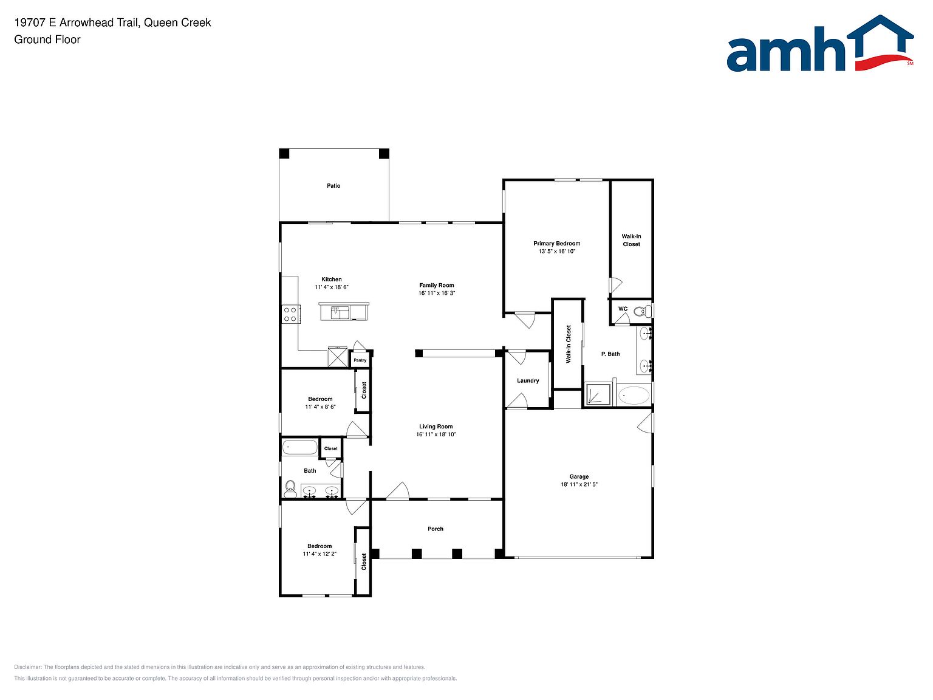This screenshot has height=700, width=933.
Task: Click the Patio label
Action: coord(333,186)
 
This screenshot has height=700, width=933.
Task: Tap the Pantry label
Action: coord(360,360)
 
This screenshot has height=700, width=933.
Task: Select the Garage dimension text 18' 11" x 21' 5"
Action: coord(579,484)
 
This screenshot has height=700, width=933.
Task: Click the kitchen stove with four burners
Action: coord(290,315)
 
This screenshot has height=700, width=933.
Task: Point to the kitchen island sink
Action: coord(340,312)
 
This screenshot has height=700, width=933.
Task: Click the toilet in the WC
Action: coord(642,312)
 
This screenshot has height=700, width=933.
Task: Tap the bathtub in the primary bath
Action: coord(634,395)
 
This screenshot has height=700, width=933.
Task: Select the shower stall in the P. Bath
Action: coord(598,394)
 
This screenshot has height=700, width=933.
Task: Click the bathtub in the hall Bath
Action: coord(299,448)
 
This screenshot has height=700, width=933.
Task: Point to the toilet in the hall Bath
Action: coord(290,488)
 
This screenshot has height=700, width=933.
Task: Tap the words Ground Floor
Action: coord(47,39)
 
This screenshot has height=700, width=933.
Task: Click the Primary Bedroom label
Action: coord(557,244)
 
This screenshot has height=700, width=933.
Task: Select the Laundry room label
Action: coord(528,381)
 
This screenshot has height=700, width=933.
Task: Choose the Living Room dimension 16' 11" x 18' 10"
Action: coord(436,434)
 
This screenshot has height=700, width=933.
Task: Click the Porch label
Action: coord(436,529)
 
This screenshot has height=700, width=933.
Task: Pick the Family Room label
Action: coord(437,285)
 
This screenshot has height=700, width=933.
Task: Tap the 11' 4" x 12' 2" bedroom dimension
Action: coord(320,554)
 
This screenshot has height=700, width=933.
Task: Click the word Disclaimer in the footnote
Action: coord(27,667)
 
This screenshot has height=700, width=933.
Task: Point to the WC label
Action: coord(623,309)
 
